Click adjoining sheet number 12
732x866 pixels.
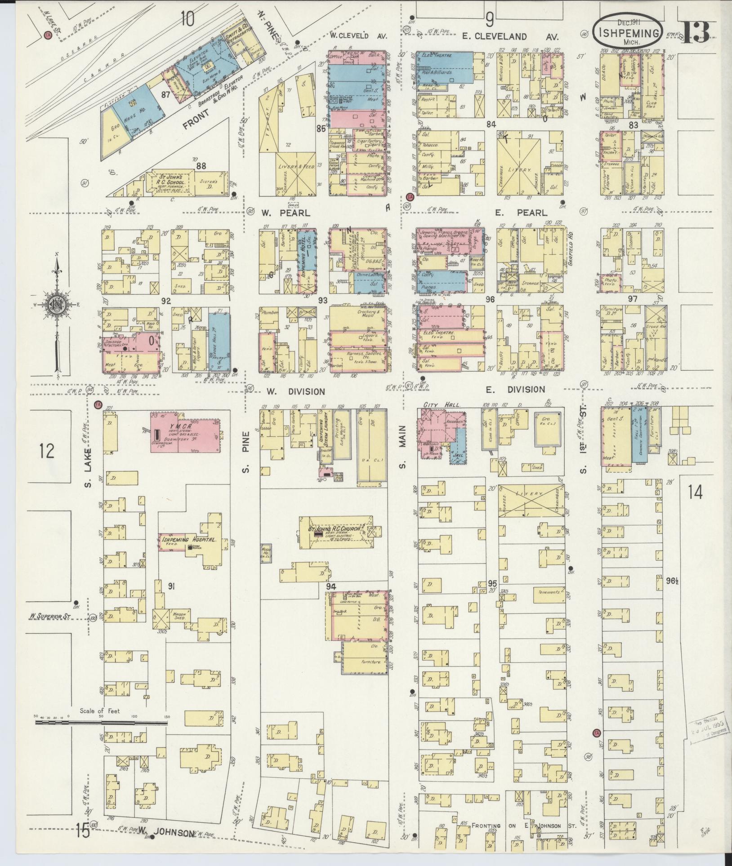[x=47, y=450]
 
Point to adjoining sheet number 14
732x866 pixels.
[x=695, y=493]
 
